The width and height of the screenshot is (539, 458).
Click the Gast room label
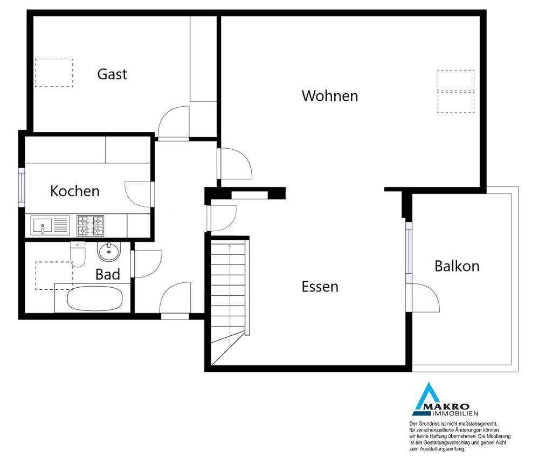(x=112, y=74)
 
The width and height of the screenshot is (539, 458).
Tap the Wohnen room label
(x=330, y=96)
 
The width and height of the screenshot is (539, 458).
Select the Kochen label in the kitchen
(x=74, y=191)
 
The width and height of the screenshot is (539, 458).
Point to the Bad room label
(x=108, y=274)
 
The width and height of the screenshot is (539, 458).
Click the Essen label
(x=320, y=287)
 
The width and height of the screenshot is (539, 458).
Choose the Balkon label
(x=457, y=266)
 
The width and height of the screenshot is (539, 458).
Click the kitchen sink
(x=50, y=225)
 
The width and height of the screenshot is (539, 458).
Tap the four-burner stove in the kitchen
(x=91, y=226)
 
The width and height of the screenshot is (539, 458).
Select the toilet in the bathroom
(x=78, y=254)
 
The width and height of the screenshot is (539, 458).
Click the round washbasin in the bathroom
(x=109, y=252)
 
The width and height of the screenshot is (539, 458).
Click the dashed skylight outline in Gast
(x=54, y=73)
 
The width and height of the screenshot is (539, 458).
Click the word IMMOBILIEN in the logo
(x=455, y=413)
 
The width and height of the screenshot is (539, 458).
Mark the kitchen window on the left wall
(x=22, y=188)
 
